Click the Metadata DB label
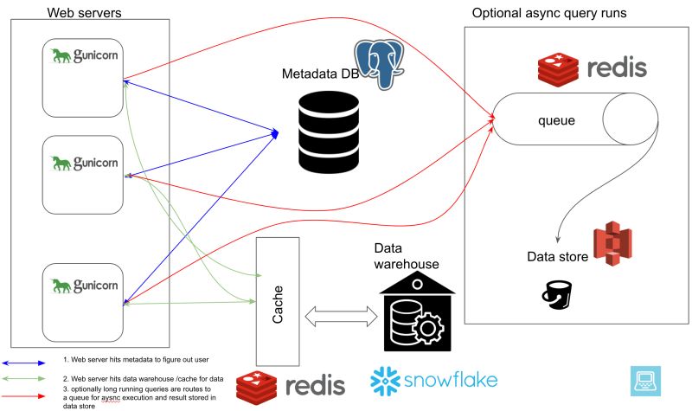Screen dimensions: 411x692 [x=320, y=74]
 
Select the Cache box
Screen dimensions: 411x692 [x=277, y=301]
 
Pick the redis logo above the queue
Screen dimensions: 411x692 [x=592, y=68]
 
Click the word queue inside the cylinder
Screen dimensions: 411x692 [x=557, y=121]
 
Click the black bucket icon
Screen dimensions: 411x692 [x=555, y=294]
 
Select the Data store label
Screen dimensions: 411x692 [x=558, y=257]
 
